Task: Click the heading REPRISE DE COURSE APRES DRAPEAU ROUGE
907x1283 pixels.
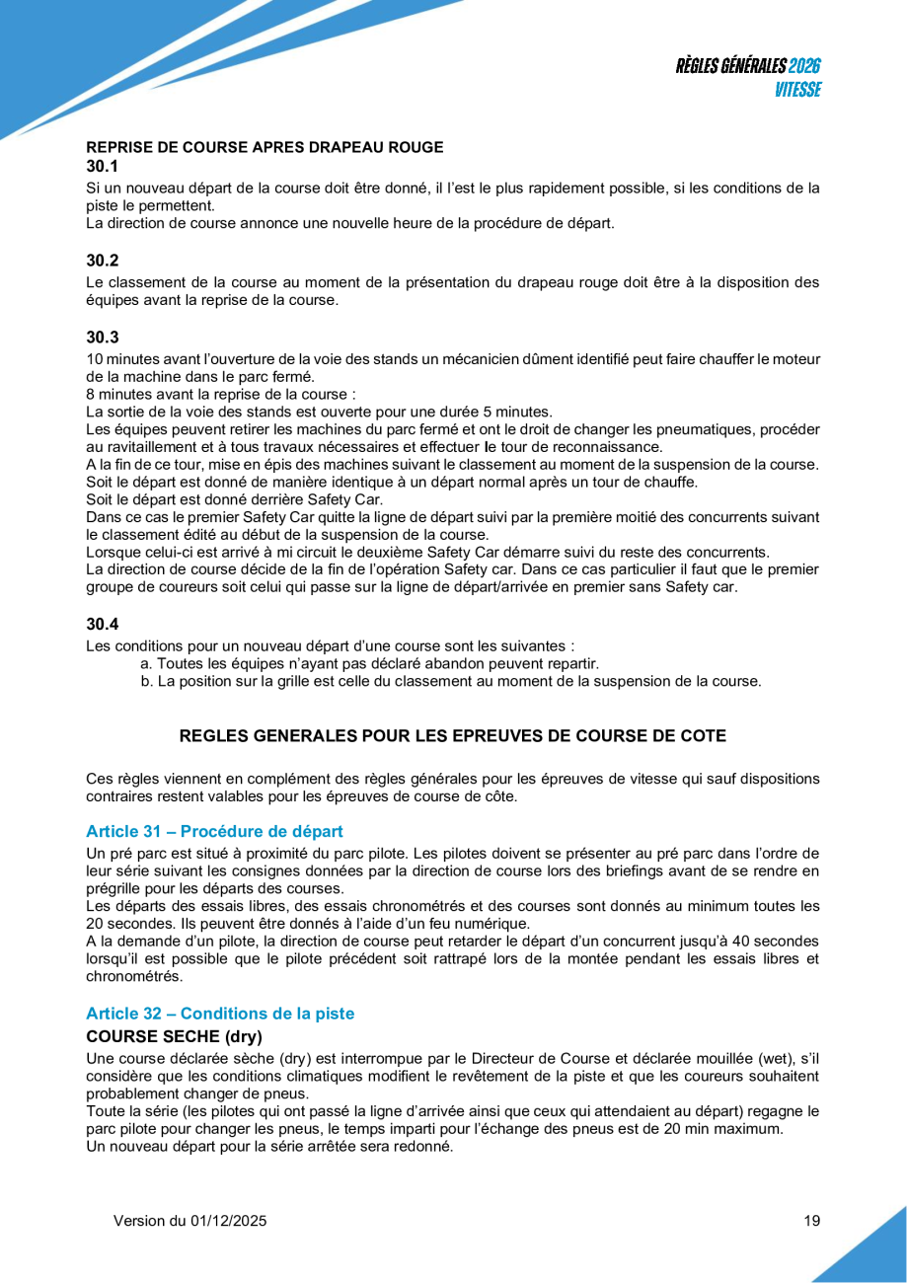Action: click(265, 147)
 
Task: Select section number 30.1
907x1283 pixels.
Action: click(102, 166)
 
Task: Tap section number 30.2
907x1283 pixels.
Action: click(102, 261)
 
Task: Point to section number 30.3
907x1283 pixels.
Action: click(102, 337)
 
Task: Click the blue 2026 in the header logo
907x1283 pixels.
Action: click(804, 66)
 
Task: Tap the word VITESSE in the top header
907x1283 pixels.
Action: click(797, 89)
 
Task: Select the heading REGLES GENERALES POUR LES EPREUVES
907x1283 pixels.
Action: click(452, 735)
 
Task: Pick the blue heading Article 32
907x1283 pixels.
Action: click(219, 1014)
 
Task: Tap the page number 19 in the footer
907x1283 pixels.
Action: click(811, 1221)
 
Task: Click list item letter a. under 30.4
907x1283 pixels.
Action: click(146, 663)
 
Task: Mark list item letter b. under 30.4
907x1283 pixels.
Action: click(146, 681)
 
